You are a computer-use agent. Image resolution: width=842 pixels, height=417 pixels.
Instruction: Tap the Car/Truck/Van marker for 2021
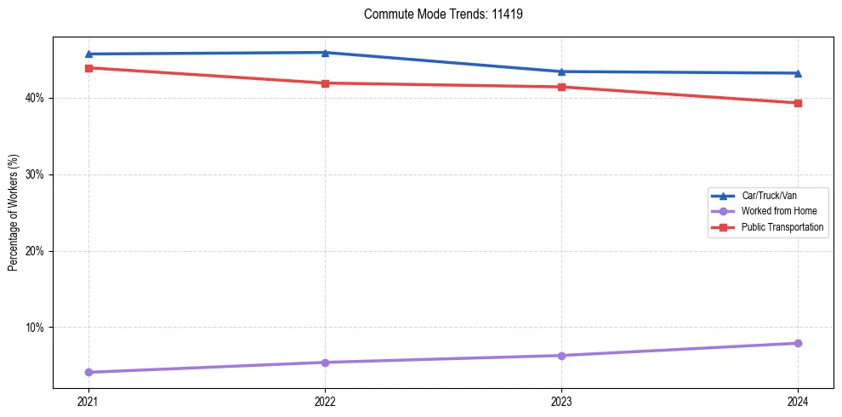coord(88,54)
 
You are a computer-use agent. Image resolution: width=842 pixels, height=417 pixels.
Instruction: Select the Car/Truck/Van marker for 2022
coord(325,53)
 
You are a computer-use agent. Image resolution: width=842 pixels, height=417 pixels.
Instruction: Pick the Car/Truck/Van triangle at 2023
coord(561,71)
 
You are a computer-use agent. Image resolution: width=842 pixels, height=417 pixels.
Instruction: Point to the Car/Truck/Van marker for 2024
coord(798,73)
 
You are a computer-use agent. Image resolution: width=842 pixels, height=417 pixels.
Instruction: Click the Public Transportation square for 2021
coord(88,68)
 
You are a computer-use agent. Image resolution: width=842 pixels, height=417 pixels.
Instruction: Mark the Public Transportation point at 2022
coord(325,83)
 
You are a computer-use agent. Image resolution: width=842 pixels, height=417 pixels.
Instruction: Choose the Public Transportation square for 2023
coord(561,87)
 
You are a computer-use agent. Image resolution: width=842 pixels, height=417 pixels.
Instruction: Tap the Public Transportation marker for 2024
coord(798,103)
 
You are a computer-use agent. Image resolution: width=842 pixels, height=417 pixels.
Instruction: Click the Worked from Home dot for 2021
coord(88,372)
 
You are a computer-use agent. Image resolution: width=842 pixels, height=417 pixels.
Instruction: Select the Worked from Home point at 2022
coord(325,363)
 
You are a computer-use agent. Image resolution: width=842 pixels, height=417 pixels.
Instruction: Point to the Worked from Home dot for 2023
coord(561,356)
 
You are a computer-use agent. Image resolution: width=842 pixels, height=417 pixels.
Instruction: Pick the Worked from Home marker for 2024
coord(798,343)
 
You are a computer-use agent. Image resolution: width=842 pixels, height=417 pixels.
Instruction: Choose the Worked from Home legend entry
coord(778,211)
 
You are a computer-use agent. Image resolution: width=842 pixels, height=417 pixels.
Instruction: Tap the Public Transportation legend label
coord(782,227)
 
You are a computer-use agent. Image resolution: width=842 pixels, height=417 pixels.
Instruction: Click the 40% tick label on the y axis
coord(35,99)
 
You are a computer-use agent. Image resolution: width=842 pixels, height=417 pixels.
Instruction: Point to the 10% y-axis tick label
coord(35,328)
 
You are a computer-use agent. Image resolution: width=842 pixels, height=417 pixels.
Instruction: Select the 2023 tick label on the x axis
coord(561,401)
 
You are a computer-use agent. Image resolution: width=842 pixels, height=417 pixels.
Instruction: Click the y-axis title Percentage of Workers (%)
coord(14,213)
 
